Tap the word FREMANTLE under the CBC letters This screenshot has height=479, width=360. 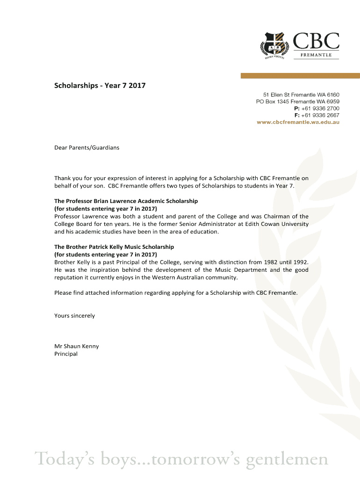tap(316, 55)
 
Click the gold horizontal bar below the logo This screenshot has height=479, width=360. tap(300, 75)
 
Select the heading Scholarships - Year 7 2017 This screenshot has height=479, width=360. tap(100, 86)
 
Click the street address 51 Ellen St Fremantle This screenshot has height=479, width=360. tap(301, 94)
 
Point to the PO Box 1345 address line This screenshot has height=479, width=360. tap(297, 102)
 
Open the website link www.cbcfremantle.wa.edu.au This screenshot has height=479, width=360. tap(298, 122)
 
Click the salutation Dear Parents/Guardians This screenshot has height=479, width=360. tap(86, 148)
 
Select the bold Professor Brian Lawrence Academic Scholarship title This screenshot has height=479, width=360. tap(126, 201)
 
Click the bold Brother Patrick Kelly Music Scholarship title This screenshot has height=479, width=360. tap(114, 247)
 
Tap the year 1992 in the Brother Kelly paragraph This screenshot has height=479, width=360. tap(300, 262)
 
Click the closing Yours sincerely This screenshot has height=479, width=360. tap(74, 316)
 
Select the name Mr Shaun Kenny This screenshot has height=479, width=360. tap(76, 347)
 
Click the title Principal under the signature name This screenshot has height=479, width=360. tap(66, 354)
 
